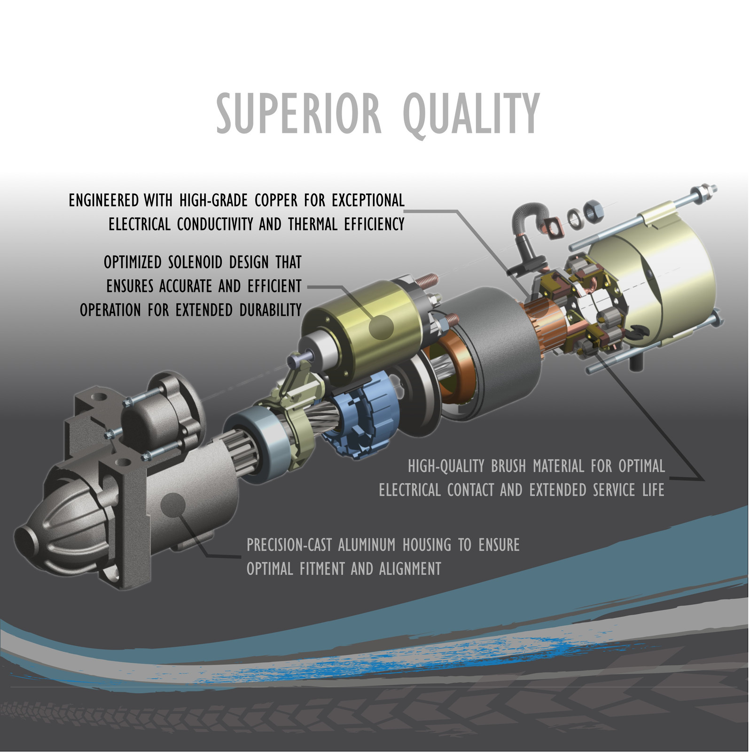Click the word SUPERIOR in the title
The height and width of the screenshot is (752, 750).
(x=298, y=114)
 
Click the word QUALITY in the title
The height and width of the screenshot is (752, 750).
(x=471, y=114)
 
